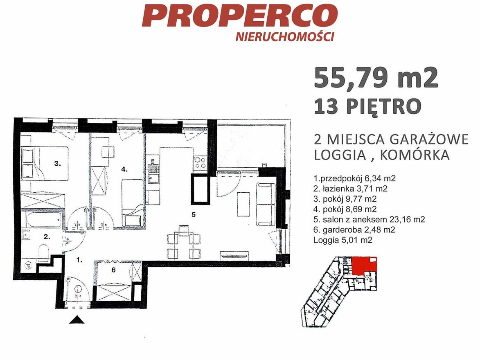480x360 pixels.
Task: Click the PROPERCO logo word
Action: (240, 16)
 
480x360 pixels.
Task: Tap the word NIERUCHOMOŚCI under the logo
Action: (285, 36)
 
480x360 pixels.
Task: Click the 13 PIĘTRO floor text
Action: (367, 106)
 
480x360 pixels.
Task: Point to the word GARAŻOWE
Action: (429, 139)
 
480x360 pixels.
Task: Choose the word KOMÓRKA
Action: (415, 155)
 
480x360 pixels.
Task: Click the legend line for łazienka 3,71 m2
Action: (351, 189)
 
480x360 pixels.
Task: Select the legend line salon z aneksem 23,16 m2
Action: (369, 220)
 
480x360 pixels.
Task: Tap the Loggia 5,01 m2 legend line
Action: (343, 240)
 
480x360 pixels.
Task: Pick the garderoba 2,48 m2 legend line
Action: (354, 229)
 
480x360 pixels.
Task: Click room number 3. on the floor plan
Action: (58, 164)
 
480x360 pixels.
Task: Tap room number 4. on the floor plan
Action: (124, 169)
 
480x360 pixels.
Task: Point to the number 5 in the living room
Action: (194, 215)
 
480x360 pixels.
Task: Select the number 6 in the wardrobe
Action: (114, 270)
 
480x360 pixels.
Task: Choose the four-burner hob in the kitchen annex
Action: (200, 162)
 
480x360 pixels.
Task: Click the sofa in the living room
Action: (266, 205)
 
